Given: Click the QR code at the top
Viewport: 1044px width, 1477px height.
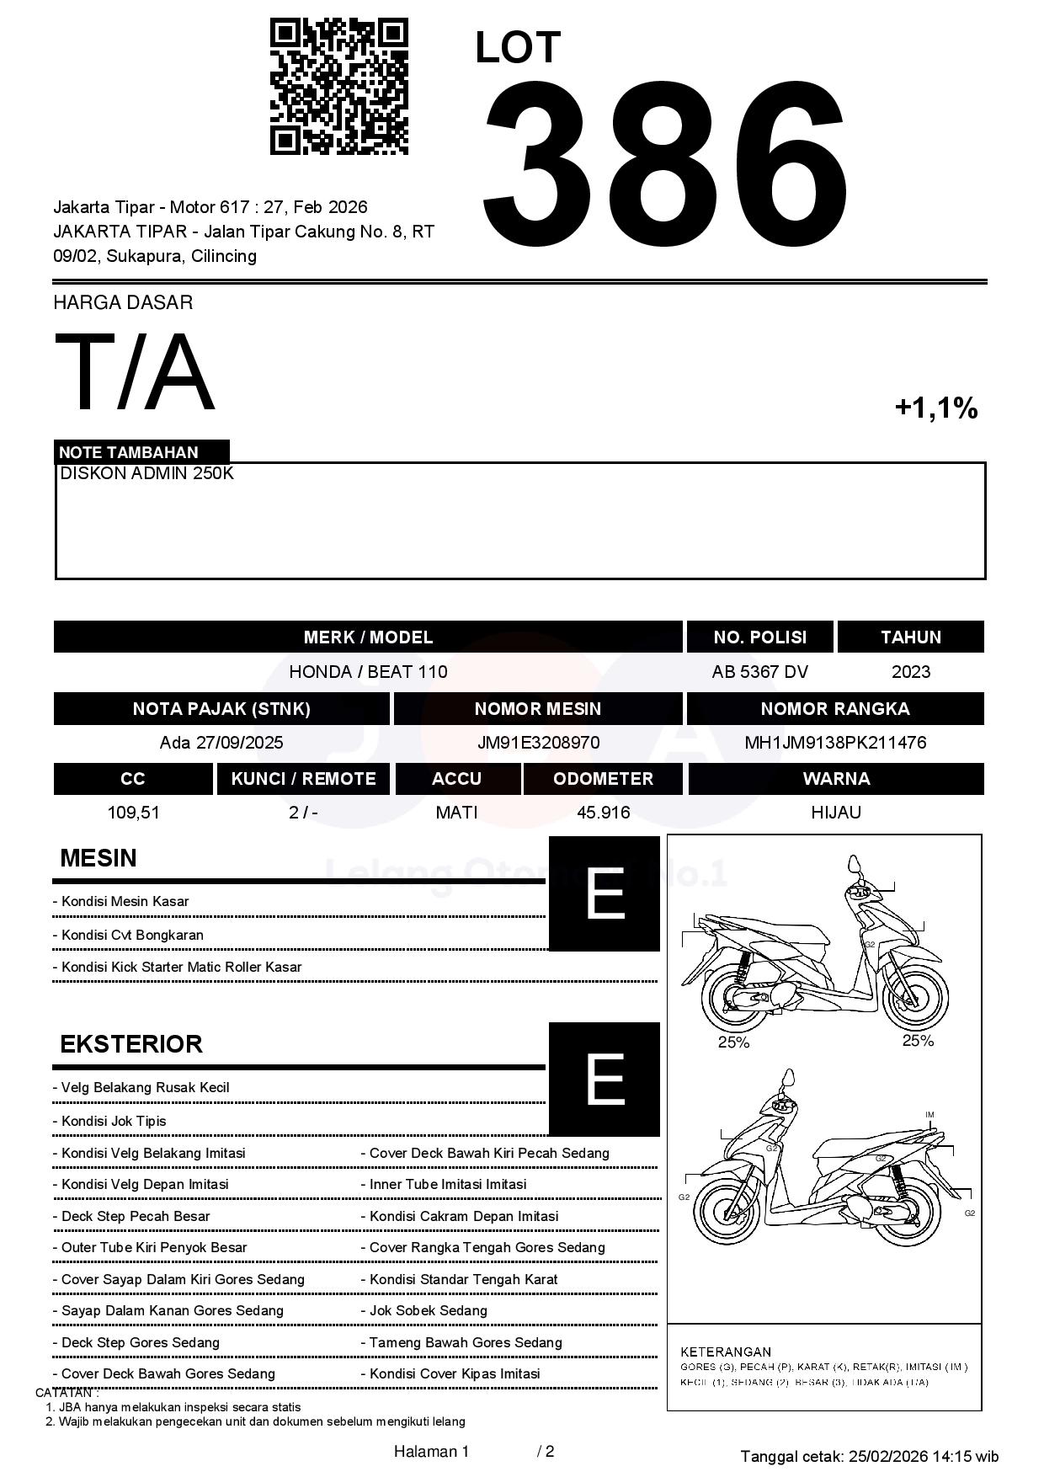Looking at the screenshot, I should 338,87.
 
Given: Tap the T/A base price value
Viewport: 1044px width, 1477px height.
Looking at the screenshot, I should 135,372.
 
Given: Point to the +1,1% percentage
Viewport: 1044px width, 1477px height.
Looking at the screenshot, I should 935,408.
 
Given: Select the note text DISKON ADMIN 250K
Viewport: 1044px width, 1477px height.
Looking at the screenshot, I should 146,473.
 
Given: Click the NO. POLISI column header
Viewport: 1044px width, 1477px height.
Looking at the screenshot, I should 759,637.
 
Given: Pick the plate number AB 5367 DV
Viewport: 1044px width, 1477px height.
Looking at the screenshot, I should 759,672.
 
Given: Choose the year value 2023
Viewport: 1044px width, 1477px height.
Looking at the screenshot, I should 910,672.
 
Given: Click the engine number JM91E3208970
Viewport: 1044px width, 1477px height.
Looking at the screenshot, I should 538,743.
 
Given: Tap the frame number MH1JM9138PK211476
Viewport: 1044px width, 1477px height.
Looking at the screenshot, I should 835,743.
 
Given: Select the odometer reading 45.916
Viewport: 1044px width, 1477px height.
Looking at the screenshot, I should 603,813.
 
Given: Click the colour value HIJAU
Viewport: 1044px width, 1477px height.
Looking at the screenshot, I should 835,813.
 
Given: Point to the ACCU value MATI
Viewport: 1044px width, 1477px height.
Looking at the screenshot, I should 456,813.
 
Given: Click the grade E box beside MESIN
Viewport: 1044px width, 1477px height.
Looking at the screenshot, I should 604,893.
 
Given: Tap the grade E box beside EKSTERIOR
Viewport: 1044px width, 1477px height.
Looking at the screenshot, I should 604,1079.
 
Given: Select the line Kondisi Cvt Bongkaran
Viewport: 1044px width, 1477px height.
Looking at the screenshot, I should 132,935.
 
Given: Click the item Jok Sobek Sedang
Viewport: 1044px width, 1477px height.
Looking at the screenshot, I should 428,1310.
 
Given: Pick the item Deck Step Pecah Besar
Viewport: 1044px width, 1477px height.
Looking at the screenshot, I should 136,1216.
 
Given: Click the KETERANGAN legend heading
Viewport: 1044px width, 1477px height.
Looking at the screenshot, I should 725,1352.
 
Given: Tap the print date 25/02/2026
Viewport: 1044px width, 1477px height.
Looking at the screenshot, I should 888,1456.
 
